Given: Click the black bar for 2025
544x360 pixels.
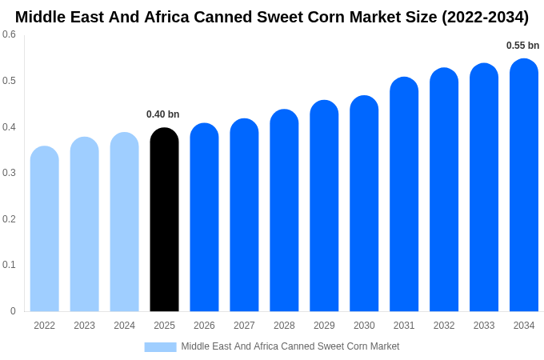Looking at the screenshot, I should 164,220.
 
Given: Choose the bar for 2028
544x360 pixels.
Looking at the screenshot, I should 284,210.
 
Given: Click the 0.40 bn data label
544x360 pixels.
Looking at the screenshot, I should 163,114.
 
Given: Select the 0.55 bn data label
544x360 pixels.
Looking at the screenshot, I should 522,46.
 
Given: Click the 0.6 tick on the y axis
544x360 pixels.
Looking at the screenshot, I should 9,34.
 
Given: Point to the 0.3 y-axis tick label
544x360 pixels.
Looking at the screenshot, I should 9,173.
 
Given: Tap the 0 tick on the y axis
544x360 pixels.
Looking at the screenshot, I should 13,311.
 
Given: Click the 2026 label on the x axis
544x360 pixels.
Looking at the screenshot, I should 204,326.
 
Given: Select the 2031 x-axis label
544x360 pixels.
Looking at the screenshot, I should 404,326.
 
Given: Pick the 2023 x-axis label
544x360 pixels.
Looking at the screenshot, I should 84,326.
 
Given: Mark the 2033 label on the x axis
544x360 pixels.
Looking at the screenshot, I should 484,326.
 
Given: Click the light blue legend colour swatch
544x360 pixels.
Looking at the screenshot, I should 160,346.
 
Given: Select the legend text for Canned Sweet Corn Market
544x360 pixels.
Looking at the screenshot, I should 290,346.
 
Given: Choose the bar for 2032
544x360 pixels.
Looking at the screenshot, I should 444,190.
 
